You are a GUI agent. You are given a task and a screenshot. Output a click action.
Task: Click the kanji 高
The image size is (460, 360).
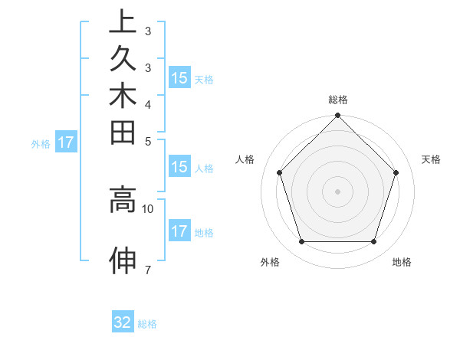pyautogui.click(x=123, y=201)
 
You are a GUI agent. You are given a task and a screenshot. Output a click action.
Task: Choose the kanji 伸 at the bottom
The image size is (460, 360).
pyautogui.click(x=123, y=260)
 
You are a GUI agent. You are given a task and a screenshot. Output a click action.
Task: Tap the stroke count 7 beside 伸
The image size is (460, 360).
pyautogui.click(x=147, y=269)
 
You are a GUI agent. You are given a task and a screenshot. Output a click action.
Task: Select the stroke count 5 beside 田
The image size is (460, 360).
pyautogui.click(x=147, y=141)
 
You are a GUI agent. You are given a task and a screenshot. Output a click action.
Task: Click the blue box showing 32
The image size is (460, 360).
pyautogui.click(x=123, y=322)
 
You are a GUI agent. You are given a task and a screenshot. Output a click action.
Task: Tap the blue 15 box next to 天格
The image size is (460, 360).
pyautogui.click(x=179, y=77)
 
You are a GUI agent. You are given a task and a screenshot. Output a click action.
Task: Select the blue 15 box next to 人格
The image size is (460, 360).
pyautogui.click(x=179, y=168)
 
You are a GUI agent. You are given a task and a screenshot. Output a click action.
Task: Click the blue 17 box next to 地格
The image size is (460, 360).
pyautogui.click(x=179, y=231)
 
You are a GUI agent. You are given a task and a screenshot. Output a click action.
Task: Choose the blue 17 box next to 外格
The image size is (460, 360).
pyautogui.click(x=67, y=142)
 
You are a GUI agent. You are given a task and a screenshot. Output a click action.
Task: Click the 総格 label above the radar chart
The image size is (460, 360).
pyautogui.click(x=338, y=100)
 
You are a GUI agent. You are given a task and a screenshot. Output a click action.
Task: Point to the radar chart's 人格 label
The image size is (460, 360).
pyautogui.click(x=245, y=159)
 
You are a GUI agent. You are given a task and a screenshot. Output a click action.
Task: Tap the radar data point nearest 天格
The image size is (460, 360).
pyautogui.click(x=396, y=172)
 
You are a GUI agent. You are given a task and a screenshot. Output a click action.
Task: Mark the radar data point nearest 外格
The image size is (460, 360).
pyautogui.click(x=301, y=242)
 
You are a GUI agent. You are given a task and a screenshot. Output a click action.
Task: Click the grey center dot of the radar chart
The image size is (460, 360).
pyautogui.click(x=337, y=191)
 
